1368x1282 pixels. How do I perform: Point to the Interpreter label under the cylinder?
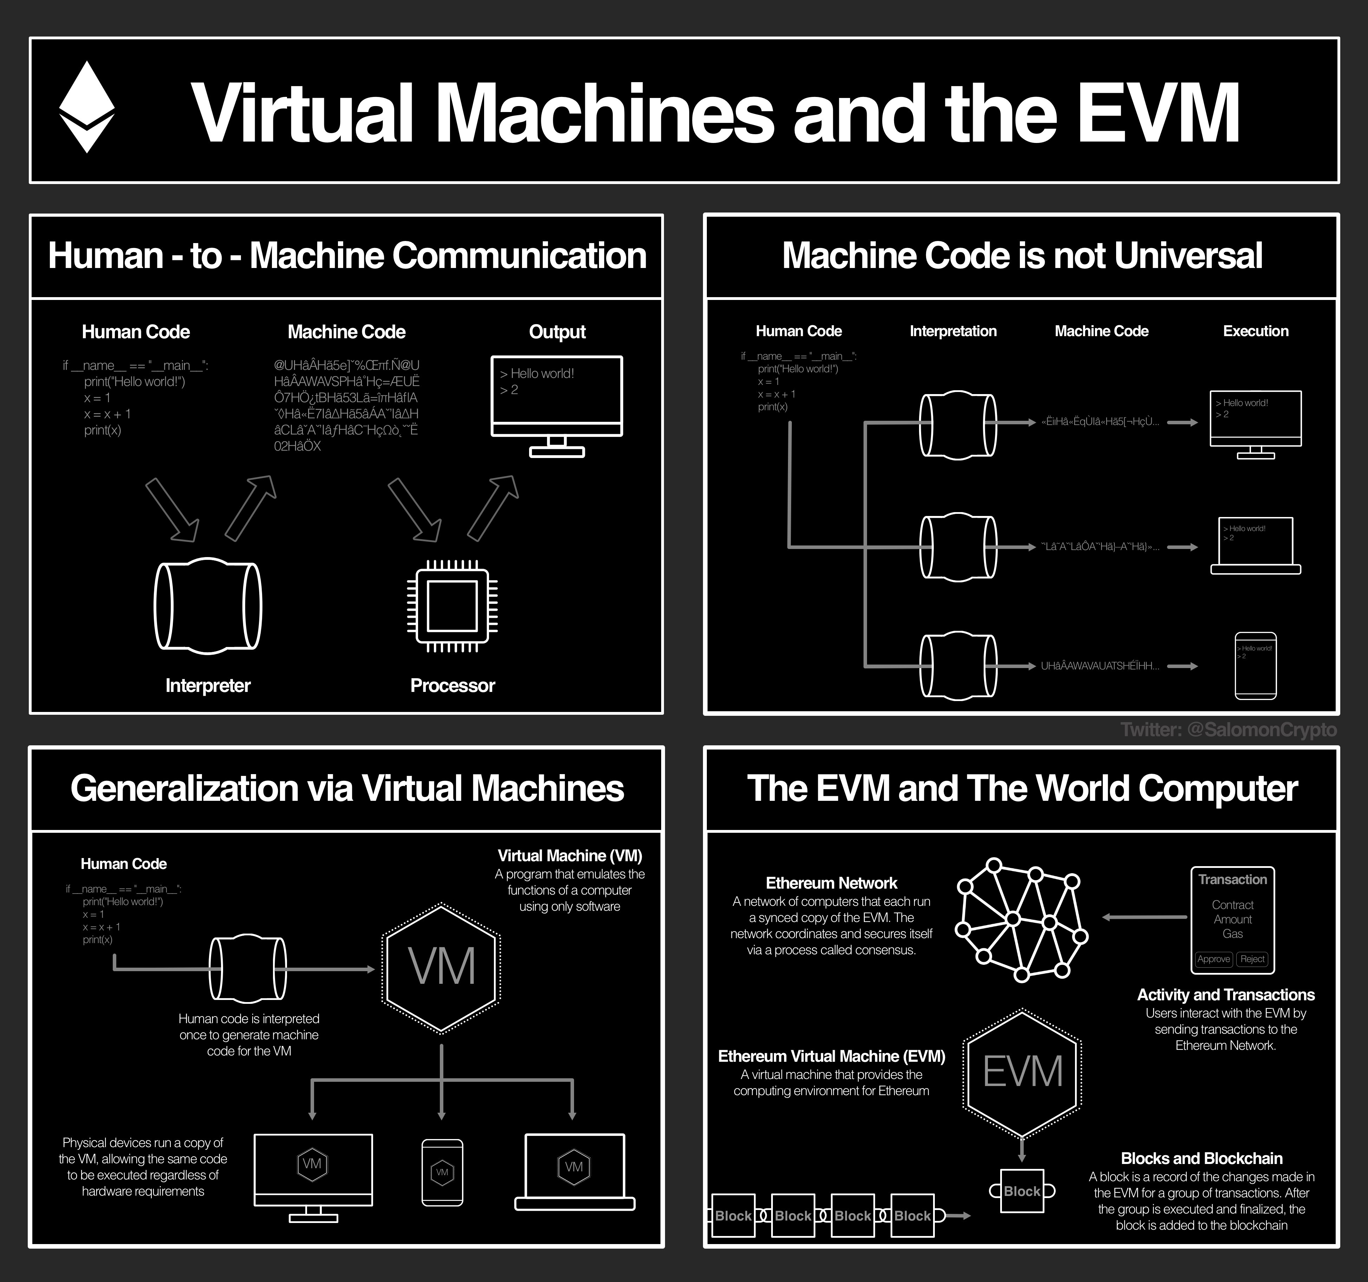point(208,685)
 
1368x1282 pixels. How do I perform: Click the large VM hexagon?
point(441,968)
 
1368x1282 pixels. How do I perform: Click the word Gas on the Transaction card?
point(1232,934)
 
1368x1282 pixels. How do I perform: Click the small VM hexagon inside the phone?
point(442,1172)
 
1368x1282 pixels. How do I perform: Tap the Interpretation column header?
point(953,331)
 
